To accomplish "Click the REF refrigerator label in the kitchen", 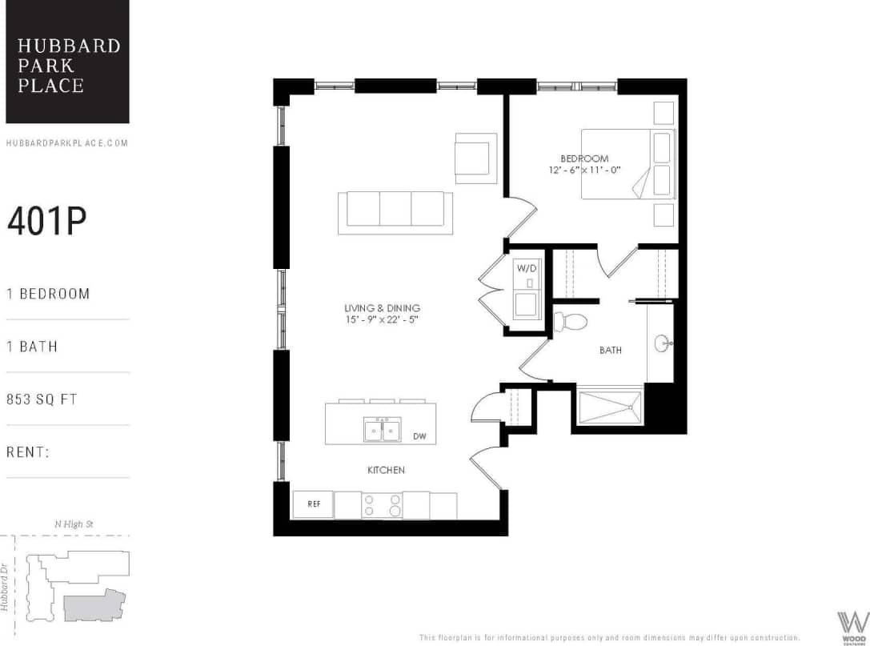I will coord(313,504).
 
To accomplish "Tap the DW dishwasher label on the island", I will coord(419,436).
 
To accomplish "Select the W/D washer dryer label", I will coord(527,268).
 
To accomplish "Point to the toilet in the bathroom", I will coord(571,322).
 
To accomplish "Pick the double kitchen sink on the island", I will coord(383,431).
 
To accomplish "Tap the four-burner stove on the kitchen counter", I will coord(382,506).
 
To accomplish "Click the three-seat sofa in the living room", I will coord(395,212).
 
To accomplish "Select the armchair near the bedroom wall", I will coord(475,157).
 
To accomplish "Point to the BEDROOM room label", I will coord(584,158).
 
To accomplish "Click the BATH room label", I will coord(611,350).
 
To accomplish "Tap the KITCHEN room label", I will coord(386,470).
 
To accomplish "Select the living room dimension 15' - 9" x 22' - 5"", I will coord(382,319).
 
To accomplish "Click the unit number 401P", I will coord(46,222).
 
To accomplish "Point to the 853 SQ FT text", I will coord(42,399).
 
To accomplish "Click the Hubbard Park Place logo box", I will coord(67,62).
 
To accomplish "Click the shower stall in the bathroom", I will coord(609,408).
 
